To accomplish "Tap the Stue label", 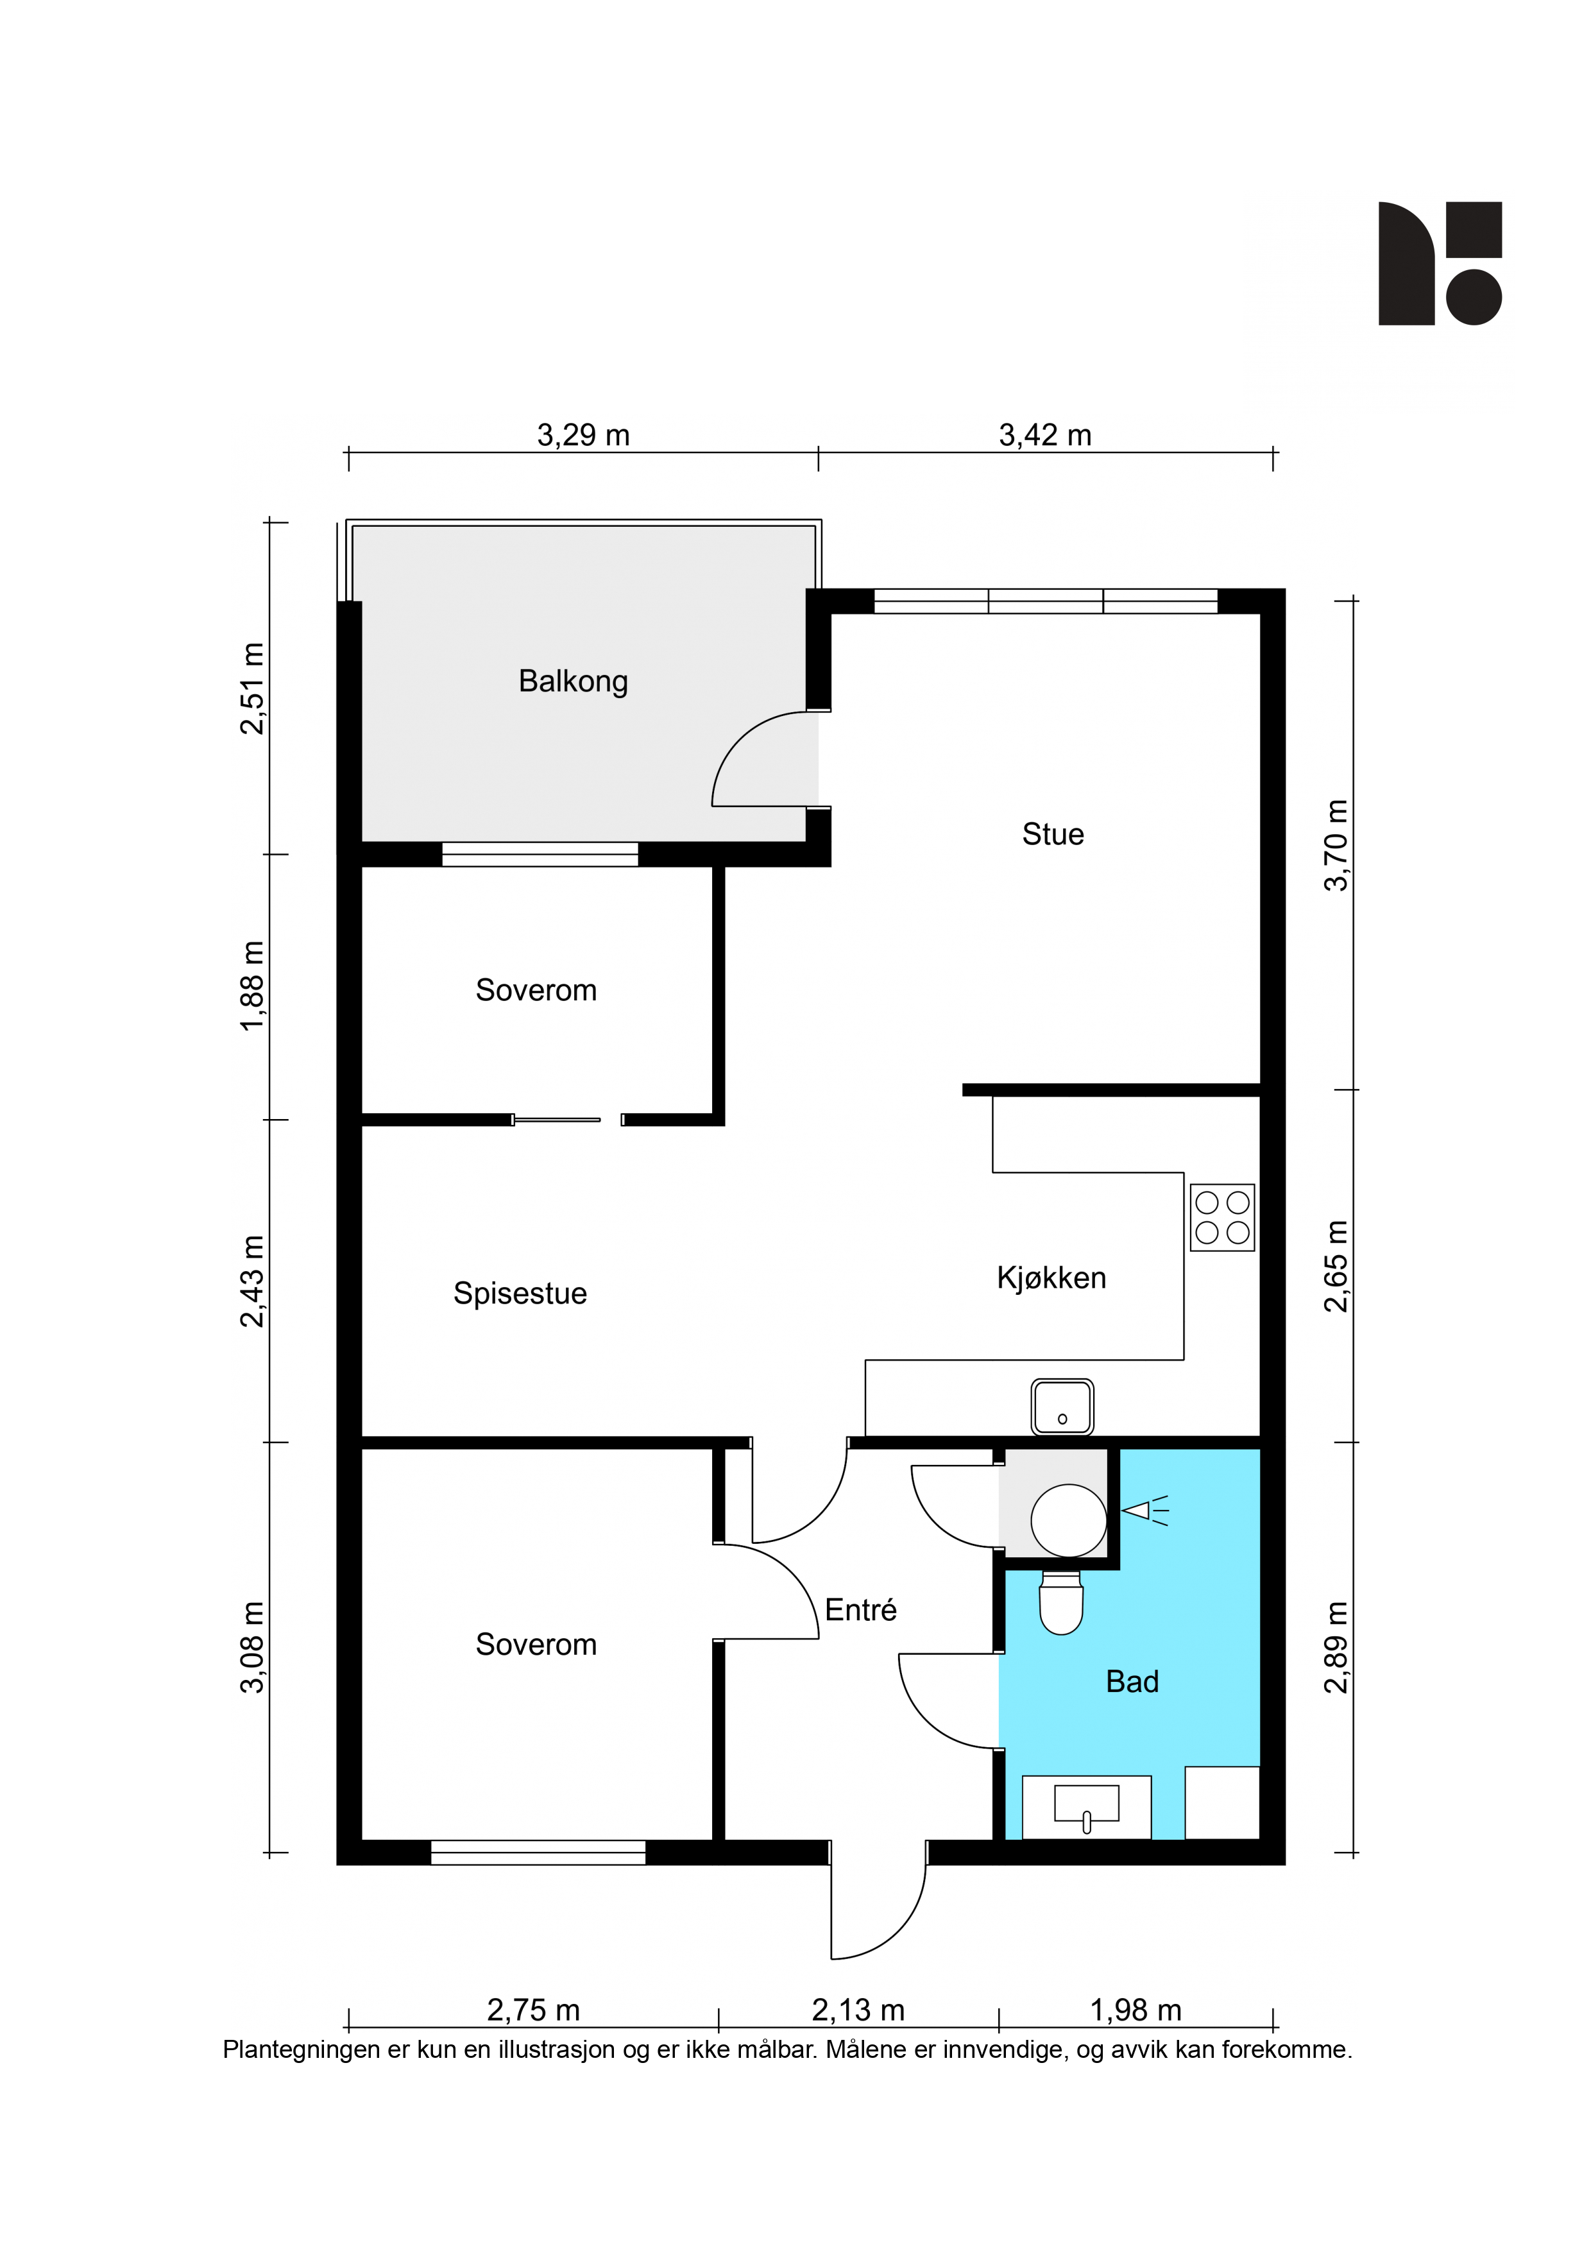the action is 1053,834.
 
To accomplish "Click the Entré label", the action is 861,1610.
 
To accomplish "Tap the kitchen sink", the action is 1062,1407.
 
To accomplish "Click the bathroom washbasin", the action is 1086,1804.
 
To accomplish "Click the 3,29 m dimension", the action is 583,434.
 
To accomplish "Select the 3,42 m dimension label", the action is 1045,434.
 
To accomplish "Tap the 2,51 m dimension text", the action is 253,689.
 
